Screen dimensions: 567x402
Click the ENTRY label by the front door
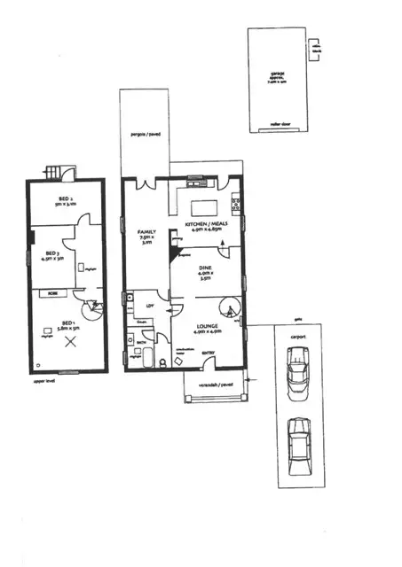[x=208, y=353]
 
